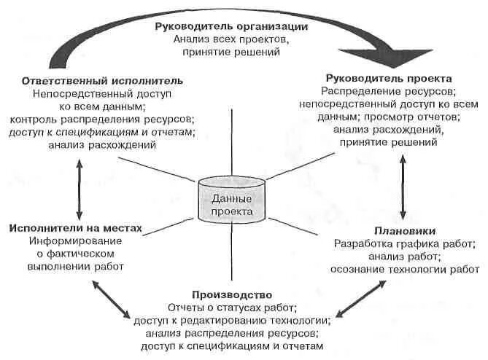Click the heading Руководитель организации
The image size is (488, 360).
[x=231, y=26]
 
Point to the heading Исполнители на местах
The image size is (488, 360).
[x=76, y=228]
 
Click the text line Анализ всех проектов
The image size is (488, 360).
[x=231, y=39]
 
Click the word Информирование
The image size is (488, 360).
[x=76, y=241]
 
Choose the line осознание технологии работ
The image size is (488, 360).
[x=405, y=270]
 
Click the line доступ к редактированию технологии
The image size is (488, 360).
[x=232, y=320]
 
